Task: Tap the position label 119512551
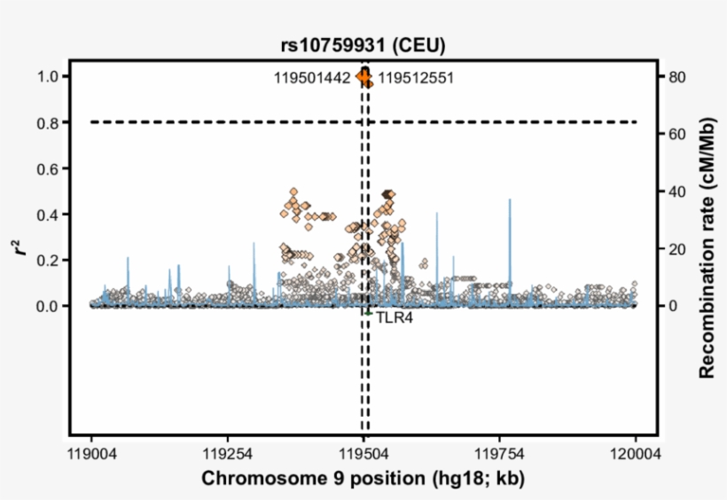tap(416, 78)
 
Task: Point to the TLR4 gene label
tap(394, 316)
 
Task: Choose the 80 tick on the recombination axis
tap(678, 77)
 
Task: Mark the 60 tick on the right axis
tap(678, 134)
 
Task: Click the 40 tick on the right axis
tap(678, 191)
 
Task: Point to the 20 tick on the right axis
tap(678, 249)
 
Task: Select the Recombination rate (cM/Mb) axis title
tap(707, 249)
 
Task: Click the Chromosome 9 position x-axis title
tap(363, 479)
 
